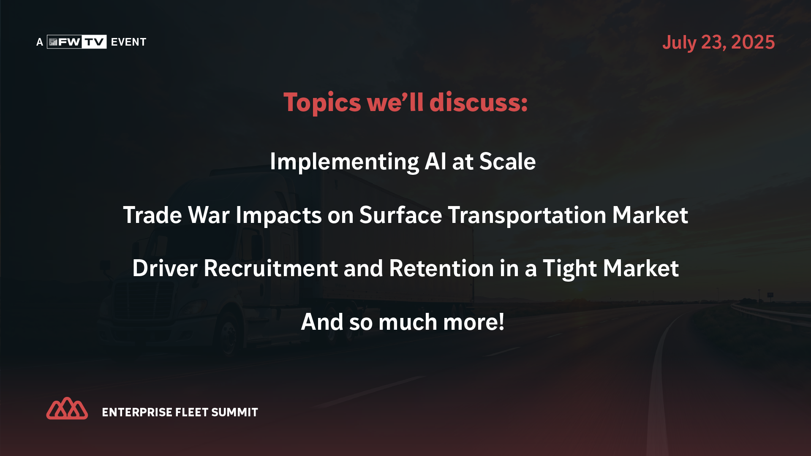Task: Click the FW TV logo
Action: pos(76,42)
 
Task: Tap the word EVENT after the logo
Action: pos(128,42)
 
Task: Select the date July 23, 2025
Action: pos(718,42)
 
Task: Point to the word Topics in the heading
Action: pos(322,103)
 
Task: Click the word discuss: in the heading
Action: pos(479,102)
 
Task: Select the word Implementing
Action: pos(344,162)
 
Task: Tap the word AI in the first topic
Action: pos(435,161)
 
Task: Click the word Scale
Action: pos(507,161)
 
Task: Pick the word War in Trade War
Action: pos(209,215)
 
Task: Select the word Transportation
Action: pos(527,215)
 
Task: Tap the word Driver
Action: pos(165,269)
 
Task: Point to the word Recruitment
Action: pos(271,268)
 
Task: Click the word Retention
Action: pos(441,268)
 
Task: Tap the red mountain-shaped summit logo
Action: pos(67,408)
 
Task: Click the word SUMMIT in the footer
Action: pos(234,412)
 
